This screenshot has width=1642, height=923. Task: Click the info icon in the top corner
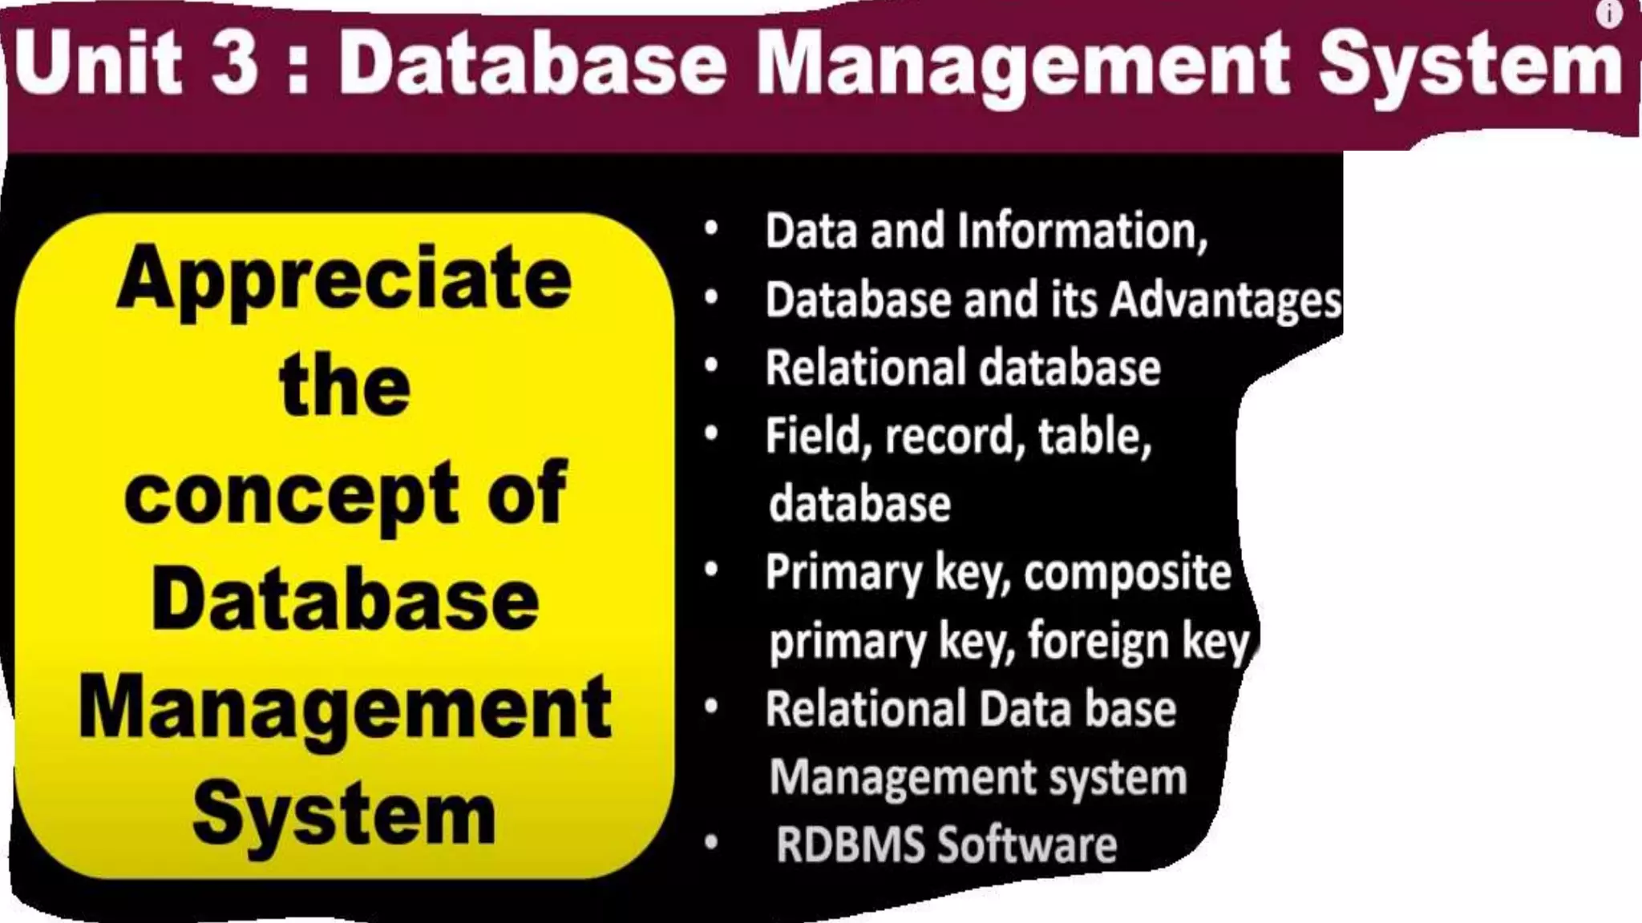point(1608,14)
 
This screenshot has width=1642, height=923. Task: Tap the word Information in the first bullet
point(1082,232)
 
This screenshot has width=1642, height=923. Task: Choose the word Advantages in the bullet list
point(1226,300)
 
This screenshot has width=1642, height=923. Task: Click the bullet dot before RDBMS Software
point(710,843)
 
